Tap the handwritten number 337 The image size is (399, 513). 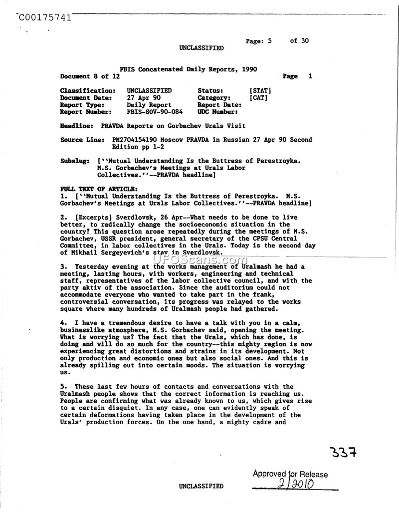coord(344,453)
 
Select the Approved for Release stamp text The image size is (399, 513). coord(290,474)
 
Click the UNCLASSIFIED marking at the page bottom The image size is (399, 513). coord(201,486)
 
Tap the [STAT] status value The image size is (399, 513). coord(260,91)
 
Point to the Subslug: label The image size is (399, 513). coord(74,161)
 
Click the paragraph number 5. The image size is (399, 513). coord(62,386)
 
